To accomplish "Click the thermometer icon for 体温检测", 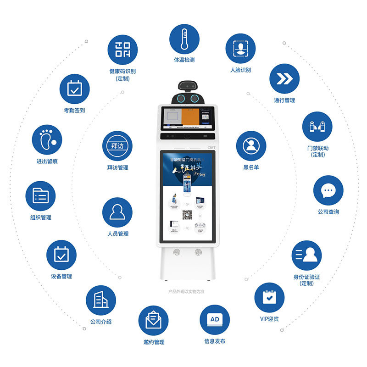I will click(x=184, y=39).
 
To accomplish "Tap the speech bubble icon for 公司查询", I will click(x=328, y=191).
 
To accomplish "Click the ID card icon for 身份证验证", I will click(x=306, y=255).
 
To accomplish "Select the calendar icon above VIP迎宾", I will click(x=269, y=298).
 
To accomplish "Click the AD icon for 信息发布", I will click(x=214, y=320).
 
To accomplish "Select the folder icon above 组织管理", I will click(x=40, y=196).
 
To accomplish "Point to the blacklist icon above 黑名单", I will click(x=251, y=146).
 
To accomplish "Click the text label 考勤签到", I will click(x=74, y=111).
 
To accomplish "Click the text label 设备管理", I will click(x=61, y=277).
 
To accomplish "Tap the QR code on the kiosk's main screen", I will click(x=187, y=214).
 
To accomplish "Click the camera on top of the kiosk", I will click(x=187, y=86).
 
